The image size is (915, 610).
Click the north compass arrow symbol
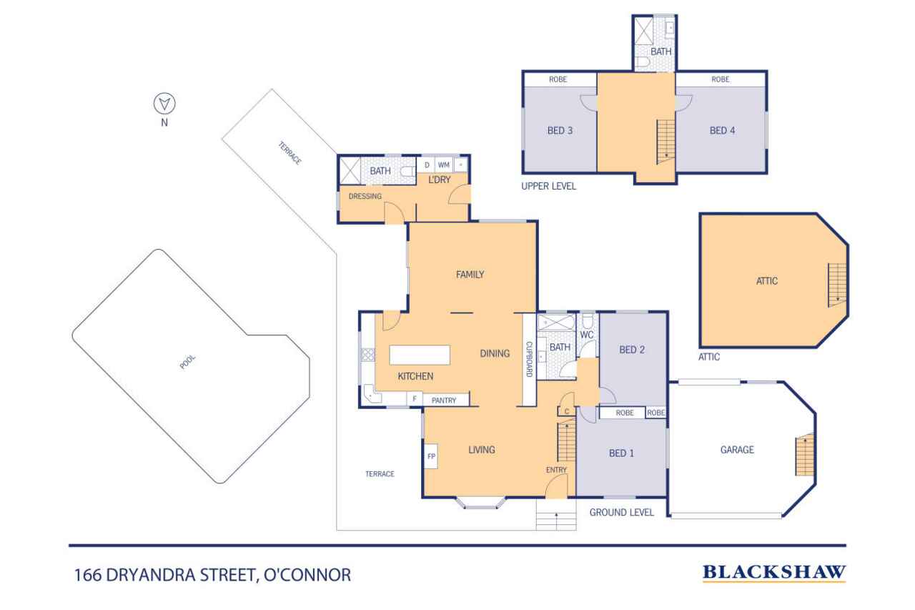coord(164,104)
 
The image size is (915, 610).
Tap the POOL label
coord(187,362)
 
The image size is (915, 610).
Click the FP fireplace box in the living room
coord(431,456)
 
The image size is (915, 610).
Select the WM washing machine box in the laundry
coord(444,165)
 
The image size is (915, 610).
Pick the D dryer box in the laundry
coord(427,165)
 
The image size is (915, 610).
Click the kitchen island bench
coord(420,355)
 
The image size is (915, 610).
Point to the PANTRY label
coord(444,400)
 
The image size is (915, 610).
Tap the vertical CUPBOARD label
coord(529,359)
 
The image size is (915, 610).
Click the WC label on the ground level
coord(587,335)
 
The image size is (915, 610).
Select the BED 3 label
coord(560,130)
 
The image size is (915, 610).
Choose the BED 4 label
coord(722,130)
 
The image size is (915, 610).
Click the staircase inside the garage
coord(804,454)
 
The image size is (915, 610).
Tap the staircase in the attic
coord(837,285)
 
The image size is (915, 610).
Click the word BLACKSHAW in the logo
coord(774,572)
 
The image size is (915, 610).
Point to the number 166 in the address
coord(88,575)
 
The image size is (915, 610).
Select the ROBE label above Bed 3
coord(558,79)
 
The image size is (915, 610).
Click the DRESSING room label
coord(365,197)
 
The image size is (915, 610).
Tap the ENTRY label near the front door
coord(556,470)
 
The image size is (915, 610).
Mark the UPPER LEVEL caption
coord(548,187)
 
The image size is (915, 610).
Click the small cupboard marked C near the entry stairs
coord(567,411)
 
